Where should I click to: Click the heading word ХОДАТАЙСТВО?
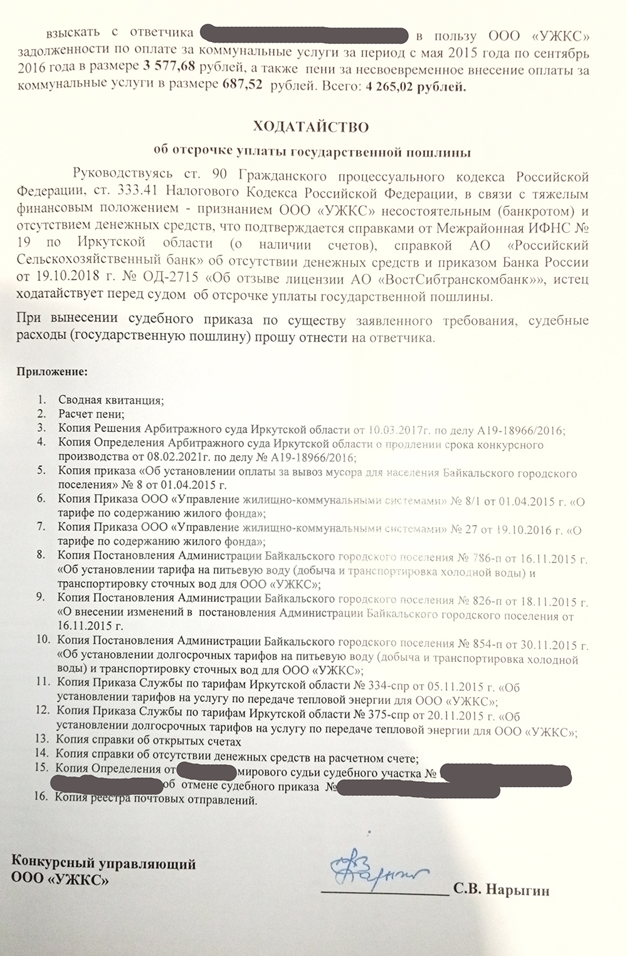click(x=311, y=127)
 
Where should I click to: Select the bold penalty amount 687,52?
click(x=242, y=87)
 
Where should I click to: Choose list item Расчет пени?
click(x=92, y=414)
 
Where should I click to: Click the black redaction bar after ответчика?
click(x=303, y=34)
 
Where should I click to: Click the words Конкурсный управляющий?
click(x=103, y=864)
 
